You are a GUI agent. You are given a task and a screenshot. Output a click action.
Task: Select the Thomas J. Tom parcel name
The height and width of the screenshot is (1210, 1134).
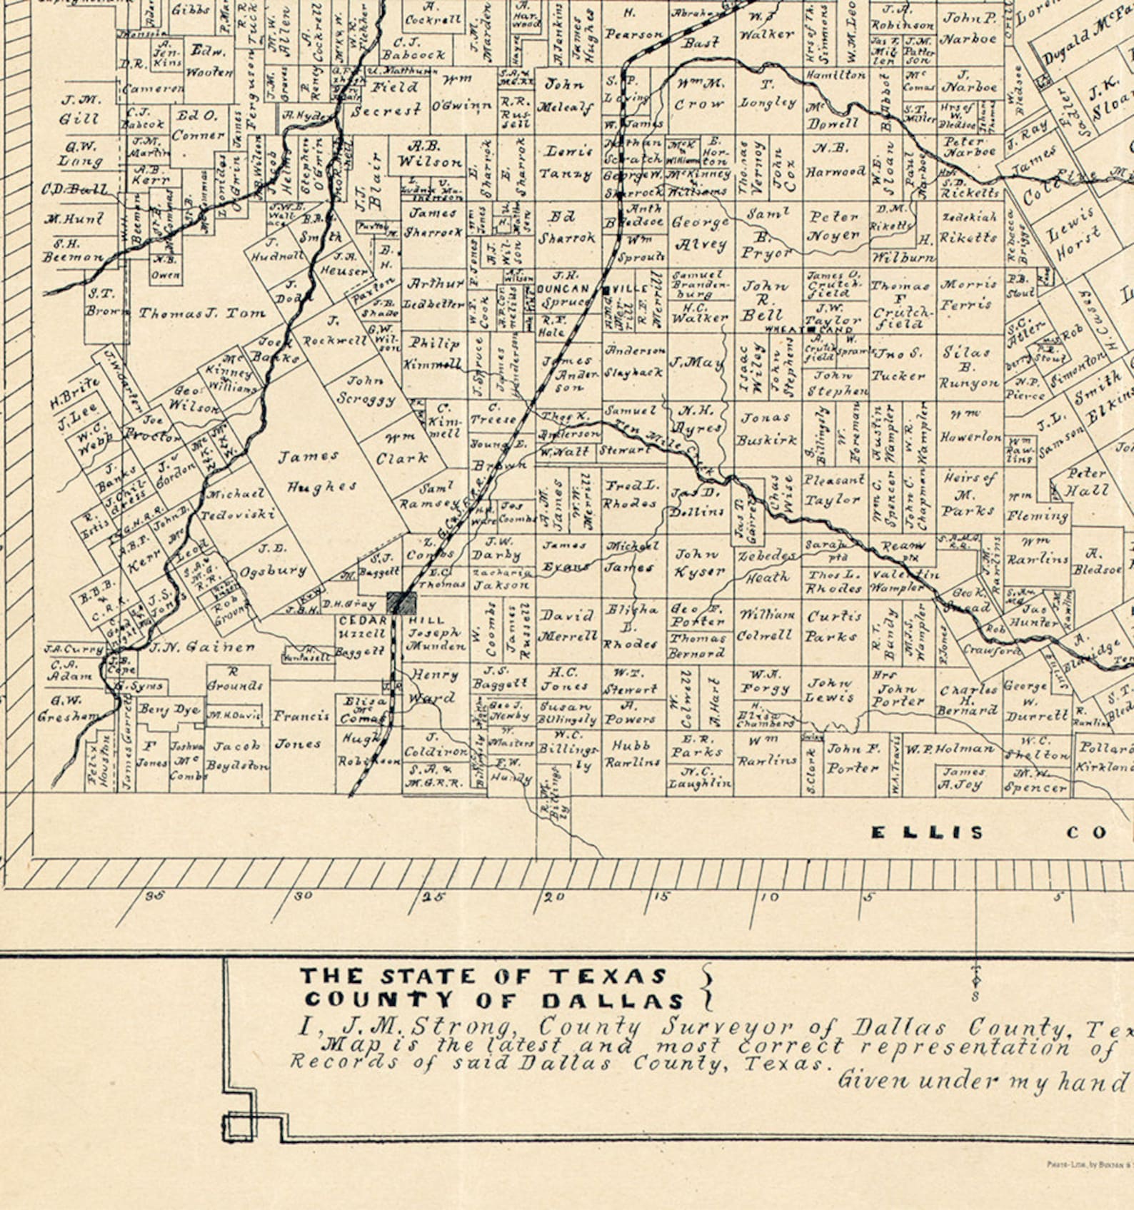202,313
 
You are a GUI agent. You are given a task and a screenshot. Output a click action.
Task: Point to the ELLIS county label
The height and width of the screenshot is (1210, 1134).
927,832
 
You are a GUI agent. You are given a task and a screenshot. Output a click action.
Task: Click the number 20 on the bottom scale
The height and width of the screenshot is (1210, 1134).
554,897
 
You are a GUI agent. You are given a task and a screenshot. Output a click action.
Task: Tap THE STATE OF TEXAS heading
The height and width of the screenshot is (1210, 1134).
483,976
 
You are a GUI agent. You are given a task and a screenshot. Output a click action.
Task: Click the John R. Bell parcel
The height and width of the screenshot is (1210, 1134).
766,301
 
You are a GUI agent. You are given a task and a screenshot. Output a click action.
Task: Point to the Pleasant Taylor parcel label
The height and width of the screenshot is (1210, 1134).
833,490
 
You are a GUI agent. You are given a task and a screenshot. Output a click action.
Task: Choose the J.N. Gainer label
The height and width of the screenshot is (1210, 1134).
202,647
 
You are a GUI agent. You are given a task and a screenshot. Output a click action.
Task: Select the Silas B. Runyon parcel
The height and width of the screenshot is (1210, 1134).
968,367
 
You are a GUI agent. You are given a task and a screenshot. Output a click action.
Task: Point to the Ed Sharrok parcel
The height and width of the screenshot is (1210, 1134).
568,227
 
